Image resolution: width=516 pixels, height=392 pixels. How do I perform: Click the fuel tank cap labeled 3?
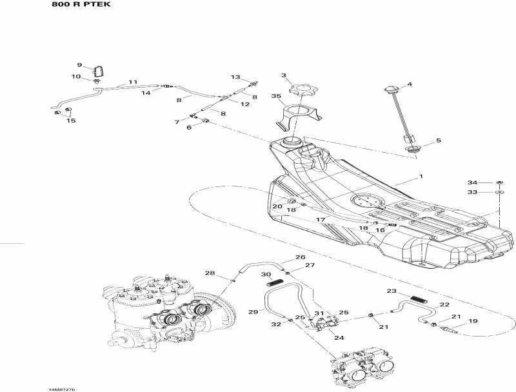[x=301, y=88]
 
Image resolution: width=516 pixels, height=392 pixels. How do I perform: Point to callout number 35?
[x=277, y=97]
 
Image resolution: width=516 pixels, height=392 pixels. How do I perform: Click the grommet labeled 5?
[x=411, y=150]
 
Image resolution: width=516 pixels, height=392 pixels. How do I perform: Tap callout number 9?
[x=80, y=65]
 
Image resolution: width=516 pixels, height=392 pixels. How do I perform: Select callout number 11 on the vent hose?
[x=133, y=82]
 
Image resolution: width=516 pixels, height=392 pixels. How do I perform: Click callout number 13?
[x=235, y=77]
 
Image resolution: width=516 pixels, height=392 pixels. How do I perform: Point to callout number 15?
[x=71, y=121]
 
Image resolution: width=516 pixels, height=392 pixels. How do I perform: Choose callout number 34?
[x=472, y=182]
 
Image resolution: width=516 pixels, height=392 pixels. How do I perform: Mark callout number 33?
[x=472, y=192]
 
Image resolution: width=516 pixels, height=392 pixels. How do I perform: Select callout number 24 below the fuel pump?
[x=338, y=337]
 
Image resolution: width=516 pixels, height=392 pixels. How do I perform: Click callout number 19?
[x=473, y=321]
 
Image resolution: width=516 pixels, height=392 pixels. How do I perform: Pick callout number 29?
[x=253, y=312]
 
